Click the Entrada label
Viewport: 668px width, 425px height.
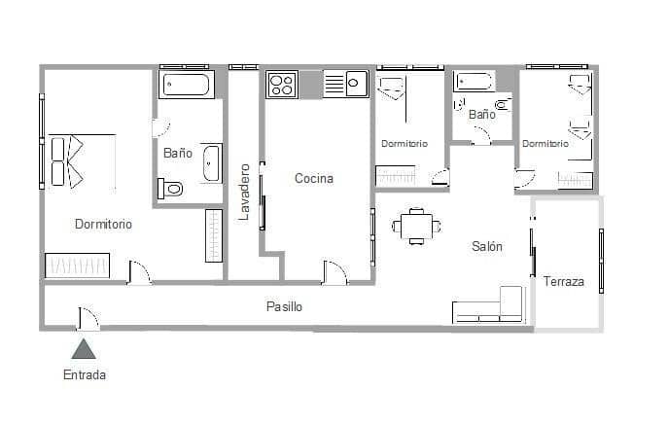(85, 374)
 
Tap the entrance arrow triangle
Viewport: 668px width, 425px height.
(85, 349)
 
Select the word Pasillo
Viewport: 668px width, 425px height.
(285, 306)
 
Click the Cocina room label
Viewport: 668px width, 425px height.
(314, 178)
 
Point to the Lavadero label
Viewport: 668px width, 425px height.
(245, 191)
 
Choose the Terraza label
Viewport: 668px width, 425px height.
(564, 282)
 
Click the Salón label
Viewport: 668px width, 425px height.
(487, 246)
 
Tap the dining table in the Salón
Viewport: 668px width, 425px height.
(417, 227)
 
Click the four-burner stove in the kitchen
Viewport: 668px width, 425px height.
(282, 85)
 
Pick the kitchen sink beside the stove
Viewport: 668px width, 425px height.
(345, 85)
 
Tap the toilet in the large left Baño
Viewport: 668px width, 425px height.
(172, 189)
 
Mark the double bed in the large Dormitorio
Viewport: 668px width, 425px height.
(82, 161)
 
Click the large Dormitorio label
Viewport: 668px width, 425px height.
(103, 224)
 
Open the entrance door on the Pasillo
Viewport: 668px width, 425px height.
(87, 317)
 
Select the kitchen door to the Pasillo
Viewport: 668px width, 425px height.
(335, 272)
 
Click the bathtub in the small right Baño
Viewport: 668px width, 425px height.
(474, 82)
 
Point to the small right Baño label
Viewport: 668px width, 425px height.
(481, 114)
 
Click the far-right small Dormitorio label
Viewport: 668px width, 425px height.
(545, 143)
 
